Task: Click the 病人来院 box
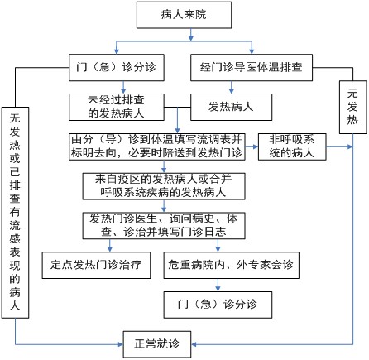point(184,15)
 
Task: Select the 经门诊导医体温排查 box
point(252,68)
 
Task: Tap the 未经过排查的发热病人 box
point(117,107)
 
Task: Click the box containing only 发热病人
point(231,107)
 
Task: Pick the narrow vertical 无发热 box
point(352,108)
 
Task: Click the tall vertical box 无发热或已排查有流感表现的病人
point(15,213)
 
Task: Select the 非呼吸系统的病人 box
point(292,146)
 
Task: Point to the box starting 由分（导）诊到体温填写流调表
point(157,146)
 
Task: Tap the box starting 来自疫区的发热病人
point(164,186)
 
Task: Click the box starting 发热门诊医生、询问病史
point(164,226)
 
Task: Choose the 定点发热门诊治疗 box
point(96,265)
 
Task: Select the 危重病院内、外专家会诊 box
point(232,265)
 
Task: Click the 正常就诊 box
point(157,344)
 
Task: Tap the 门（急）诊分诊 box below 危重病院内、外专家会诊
point(218,305)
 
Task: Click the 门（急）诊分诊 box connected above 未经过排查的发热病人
point(117,68)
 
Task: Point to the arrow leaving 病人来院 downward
point(191,35)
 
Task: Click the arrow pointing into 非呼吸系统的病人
point(252,146)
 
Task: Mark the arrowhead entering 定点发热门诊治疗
point(110,249)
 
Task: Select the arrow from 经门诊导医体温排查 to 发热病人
point(232,87)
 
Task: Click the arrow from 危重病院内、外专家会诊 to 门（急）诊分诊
point(218,285)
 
